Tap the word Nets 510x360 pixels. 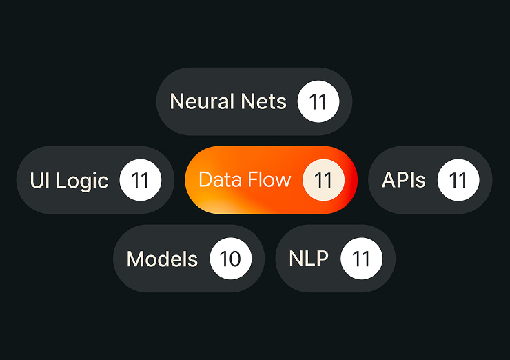point(263,101)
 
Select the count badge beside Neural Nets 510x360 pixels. point(318,101)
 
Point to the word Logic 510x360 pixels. point(82,181)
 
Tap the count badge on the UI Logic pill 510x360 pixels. point(141,180)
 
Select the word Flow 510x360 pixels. point(269,179)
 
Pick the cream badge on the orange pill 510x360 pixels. point(323,180)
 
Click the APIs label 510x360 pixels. point(404,180)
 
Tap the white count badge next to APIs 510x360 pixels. point(458,180)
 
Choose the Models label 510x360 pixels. point(162,259)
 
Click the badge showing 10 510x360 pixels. point(231,259)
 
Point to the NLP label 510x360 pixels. point(309,259)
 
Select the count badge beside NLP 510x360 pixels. point(362,259)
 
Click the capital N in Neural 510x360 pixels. point(177,101)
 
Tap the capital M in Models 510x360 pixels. point(135,259)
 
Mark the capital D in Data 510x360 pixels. point(205,179)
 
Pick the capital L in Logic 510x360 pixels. point(61,180)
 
